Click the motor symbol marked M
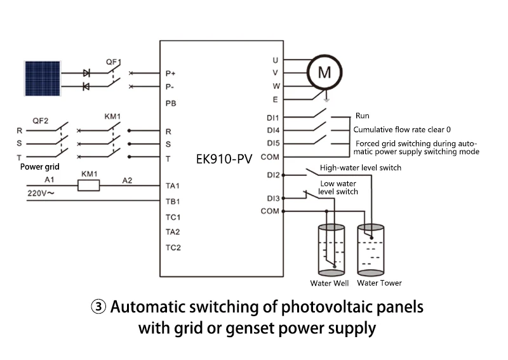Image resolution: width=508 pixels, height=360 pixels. tap(324, 72)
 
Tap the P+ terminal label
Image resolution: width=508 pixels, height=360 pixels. tap(170, 74)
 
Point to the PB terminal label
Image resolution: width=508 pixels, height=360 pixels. tap(170, 103)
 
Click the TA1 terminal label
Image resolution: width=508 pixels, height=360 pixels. tap(173, 186)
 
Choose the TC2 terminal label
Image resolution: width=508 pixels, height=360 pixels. tap(173, 247)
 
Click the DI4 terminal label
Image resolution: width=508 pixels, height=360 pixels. tap(274, 130)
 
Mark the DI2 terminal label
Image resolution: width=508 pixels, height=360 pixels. tap(274, 175)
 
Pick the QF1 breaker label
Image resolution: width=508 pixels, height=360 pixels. tap(113, 62)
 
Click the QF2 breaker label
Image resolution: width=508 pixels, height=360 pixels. tap(39, 120)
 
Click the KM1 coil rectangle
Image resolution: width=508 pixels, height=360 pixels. tap(88, 185)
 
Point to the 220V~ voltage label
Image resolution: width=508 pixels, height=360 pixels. tap(41, 191)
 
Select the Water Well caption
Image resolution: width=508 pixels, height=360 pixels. tap(330, 283)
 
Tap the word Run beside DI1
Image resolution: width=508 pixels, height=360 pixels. tap(363, 117)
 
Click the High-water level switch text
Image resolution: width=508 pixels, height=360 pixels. tap(361, 168)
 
